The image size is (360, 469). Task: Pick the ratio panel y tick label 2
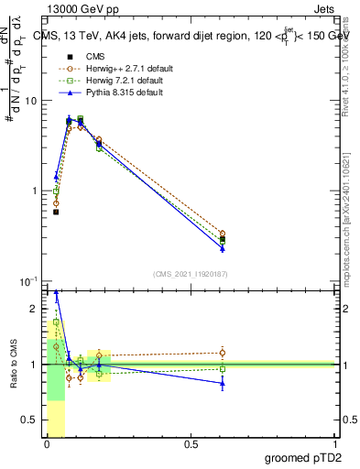37,310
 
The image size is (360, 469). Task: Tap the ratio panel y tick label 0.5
32,420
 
